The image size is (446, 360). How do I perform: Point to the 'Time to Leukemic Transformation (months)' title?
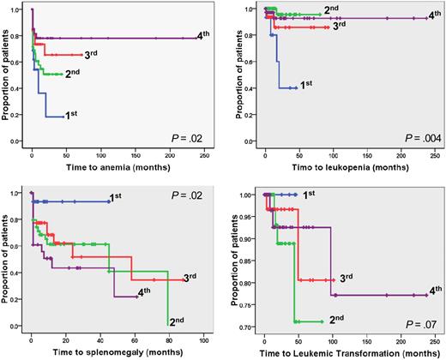click(x=345, y=352)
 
